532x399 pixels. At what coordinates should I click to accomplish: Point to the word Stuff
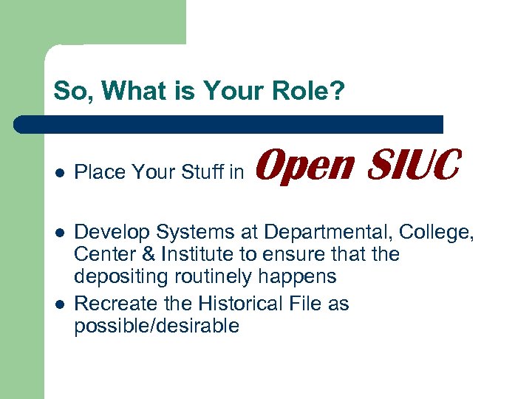[x=200, y=173]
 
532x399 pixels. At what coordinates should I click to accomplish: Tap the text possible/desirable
[x=157, y=326]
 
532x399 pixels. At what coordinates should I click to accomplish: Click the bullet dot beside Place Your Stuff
[x=58, y=174]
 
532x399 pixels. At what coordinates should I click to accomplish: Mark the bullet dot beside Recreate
[x=58, y=304]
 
